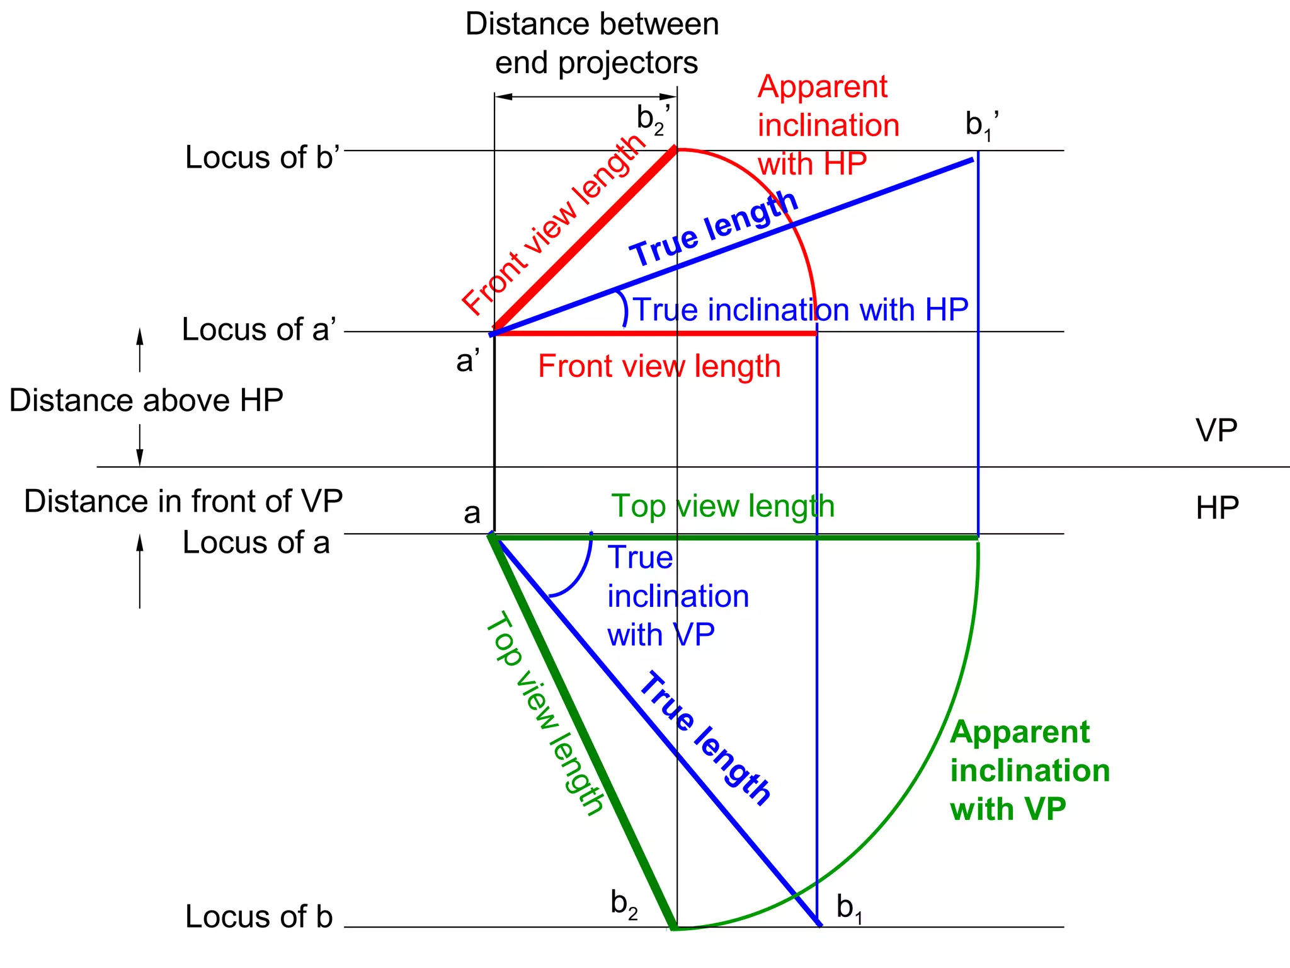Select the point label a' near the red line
[467, 361]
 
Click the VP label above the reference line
[1216, 430]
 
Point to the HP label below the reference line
[1217, 508]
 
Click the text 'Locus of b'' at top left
[262, 158]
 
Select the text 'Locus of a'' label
[259, 330]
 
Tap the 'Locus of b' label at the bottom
[258, 916]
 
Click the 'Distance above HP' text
[146, 401]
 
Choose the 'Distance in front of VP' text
[183, 502]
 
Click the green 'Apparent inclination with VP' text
[1029, 770]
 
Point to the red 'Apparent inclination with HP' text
[828, 125]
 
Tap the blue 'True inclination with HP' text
[800, 310]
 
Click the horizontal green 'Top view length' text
[722, 506]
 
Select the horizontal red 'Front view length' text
[659, 366]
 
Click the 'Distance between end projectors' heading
[592, 43]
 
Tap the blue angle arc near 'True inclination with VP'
[580, 577]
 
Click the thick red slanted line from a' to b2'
[586, 239]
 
